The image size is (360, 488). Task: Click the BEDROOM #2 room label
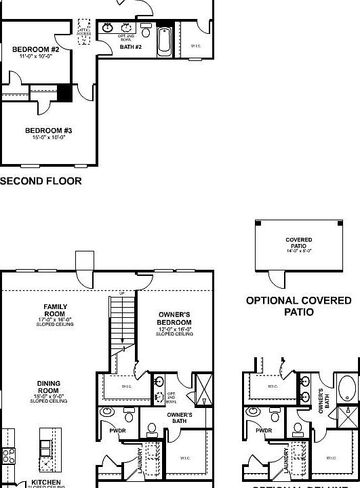click(36, 49)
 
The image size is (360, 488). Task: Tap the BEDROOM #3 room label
click(49, 130)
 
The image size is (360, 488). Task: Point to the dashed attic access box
click(84, 33)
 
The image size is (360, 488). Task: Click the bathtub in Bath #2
click(165, 42)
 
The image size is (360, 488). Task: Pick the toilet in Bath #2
click(146, 31)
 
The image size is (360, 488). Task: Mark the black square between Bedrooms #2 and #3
click(64, 93)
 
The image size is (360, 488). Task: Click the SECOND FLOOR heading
click(41, 181)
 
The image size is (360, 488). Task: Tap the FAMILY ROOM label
click(55, 311)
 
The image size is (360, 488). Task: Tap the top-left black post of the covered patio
click(258, 224)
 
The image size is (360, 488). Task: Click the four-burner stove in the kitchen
click(8, 455)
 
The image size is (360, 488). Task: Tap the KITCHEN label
click(46, 483)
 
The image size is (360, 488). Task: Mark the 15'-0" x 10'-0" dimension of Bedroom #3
click(49, 138)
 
